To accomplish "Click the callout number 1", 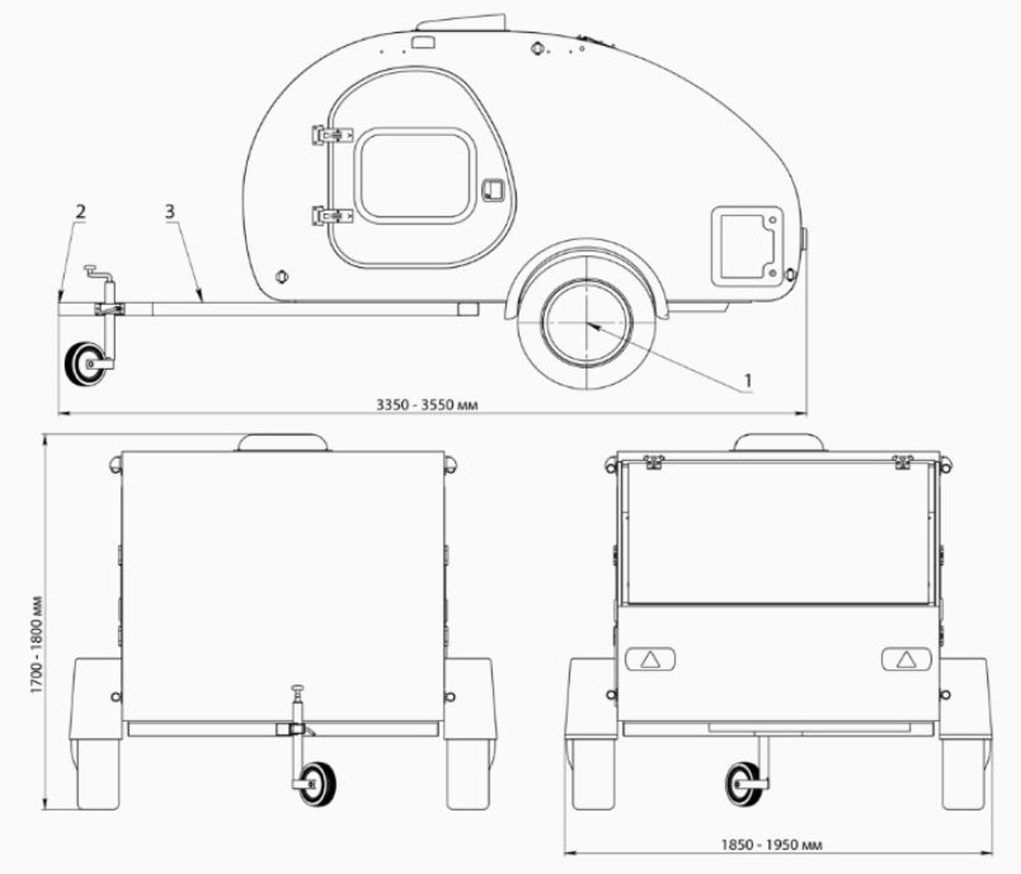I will [x=747, y=380].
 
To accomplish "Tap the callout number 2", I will [x=80, y=212].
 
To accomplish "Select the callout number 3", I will [x=169, y=211].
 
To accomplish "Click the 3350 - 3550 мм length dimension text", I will [x=427, y=404].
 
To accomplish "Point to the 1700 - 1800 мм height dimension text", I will [x=36, y=645].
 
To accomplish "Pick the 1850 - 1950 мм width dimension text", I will [x=771, y=845].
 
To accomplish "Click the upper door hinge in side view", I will [x=331, y=135].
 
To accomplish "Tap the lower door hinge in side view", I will [x=331, y=216].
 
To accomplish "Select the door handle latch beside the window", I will [x=492, y=189].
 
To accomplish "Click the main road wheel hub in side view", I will [x=586, y=323].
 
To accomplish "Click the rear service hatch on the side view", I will [x=746, y=245].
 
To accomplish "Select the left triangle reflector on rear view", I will [x=650, y=660].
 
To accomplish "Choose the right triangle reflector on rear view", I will [x=906, y=660].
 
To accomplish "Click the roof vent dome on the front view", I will [x=284, y=442].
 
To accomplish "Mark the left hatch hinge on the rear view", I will [x=653, y=461].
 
